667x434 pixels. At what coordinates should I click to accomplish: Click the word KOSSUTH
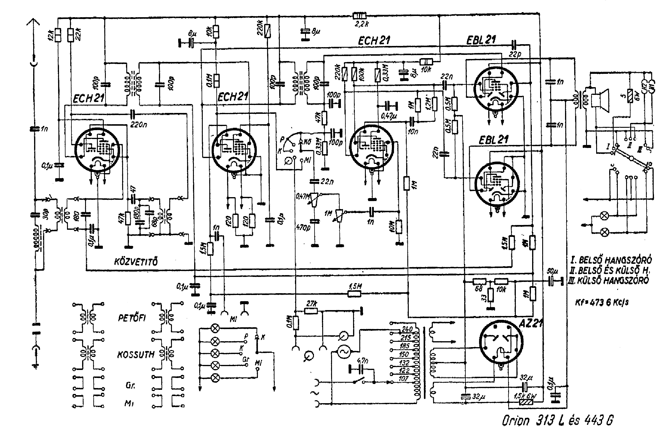(136, 355)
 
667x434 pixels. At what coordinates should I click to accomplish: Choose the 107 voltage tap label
(403, 379)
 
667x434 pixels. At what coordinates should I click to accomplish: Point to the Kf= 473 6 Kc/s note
(602, 303)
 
